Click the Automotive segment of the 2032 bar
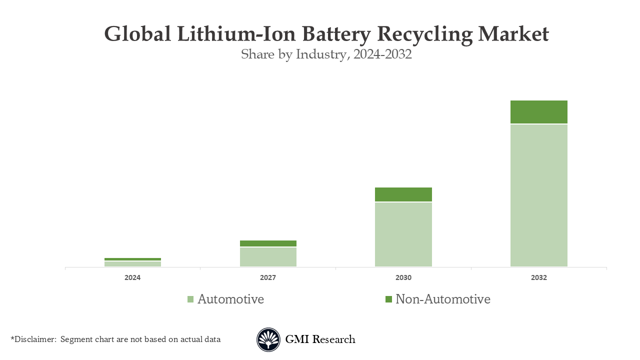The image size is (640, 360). pos(538,195)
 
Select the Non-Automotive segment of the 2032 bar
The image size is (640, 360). pos(538,111)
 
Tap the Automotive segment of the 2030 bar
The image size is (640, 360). pos(403,234)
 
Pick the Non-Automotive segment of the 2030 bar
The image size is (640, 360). pos(403,194)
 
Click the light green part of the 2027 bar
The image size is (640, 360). pos(268,256)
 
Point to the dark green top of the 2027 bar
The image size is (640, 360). pos(268,243)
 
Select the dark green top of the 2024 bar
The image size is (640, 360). pos(132,259)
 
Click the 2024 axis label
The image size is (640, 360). pos(132,277)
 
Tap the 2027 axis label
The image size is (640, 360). pos(268,277)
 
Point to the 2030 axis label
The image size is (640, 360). pos(403,277)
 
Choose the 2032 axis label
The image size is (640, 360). pos(538,277)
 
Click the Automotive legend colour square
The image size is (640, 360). pos(190,299)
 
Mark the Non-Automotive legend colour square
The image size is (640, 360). pos(388,299)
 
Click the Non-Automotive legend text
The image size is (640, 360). pos(442,299)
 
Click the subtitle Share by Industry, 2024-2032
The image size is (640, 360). pos(326,54)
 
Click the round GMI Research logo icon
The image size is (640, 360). pos(268,339)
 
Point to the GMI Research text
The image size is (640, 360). pos(320,339)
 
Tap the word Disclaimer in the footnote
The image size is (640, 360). pos(35,339)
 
